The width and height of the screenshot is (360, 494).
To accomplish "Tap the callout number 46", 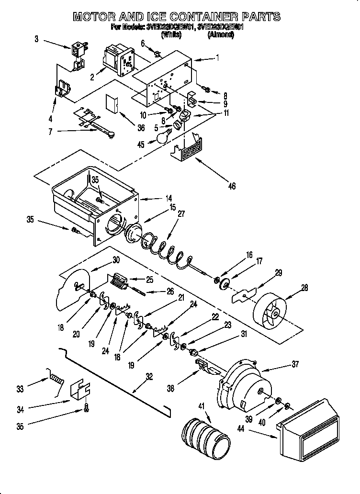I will click(232, 186).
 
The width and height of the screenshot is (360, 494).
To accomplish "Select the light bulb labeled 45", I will click(163, 137).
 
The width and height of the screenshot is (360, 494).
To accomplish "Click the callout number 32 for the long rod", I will click(149, 377).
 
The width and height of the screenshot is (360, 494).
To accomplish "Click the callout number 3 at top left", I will click(36, 39).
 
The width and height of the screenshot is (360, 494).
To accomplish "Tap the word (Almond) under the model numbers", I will click(220, 34).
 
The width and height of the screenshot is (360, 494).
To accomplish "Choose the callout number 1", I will click(218, 58).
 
